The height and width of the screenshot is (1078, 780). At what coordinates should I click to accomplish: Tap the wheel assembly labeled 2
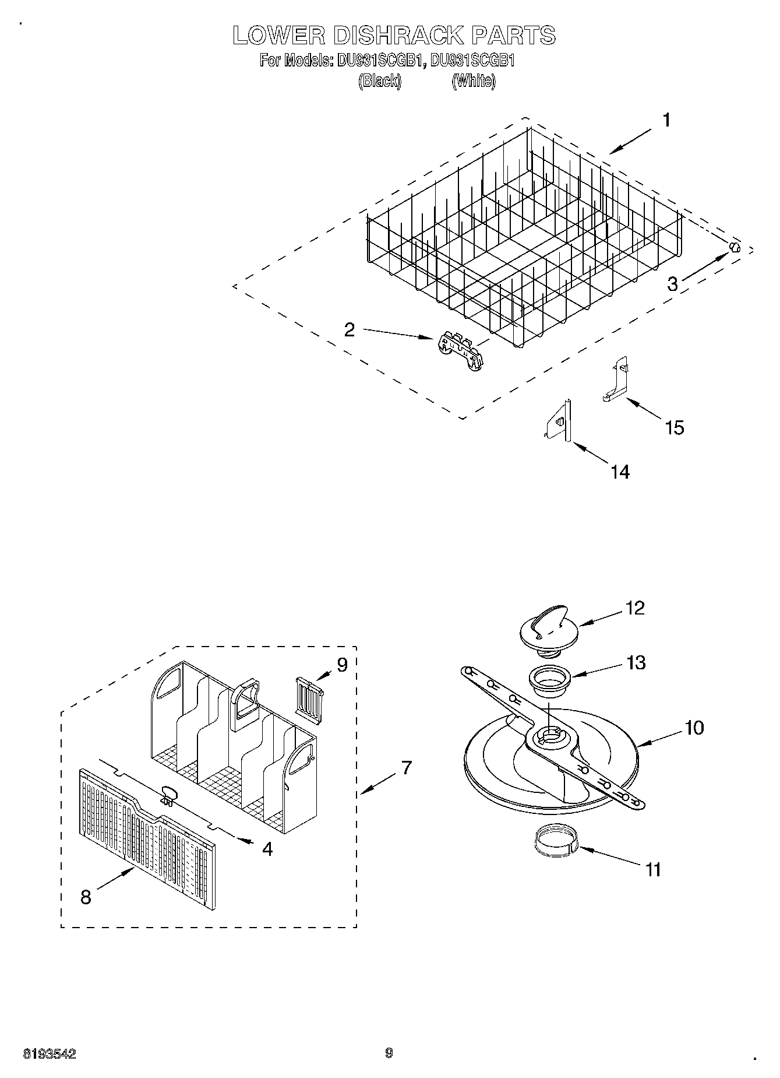coord(460,352)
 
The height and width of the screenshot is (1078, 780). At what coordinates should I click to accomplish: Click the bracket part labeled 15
coord(617,381)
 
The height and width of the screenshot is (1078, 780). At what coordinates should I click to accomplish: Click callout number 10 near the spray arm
coord(694,727)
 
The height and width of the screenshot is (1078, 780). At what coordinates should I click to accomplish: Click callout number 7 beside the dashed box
coord(405,768)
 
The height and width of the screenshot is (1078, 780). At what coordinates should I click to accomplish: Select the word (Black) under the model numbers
coord(379,81)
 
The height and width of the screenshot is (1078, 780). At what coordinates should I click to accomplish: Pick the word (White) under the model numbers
coord(474,81)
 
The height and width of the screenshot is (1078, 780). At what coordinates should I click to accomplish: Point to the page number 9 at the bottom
coord(389,1052)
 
